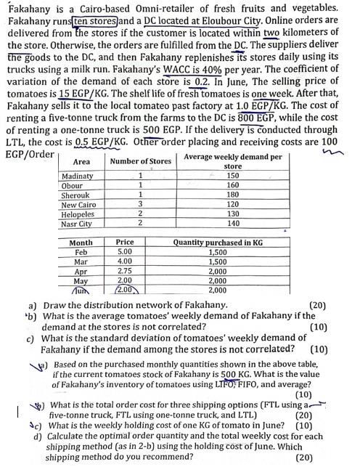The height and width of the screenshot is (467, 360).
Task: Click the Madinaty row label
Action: (x=78, y=176)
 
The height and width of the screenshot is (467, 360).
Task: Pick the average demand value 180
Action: (x=232, y=195)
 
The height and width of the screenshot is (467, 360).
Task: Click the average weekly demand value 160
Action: (x=232, y=185)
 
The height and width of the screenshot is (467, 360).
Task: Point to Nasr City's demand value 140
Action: (x=232, y=224)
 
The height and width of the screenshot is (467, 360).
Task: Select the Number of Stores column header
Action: (x=141, y=161)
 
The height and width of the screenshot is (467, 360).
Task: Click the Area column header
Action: (x=82, y=161)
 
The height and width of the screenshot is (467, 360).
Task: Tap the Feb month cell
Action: (x=81, y=252)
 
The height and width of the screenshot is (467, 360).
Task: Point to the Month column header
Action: (x=81, y=243)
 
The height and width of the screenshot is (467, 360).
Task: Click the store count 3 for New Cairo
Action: (x=139, y=205)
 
